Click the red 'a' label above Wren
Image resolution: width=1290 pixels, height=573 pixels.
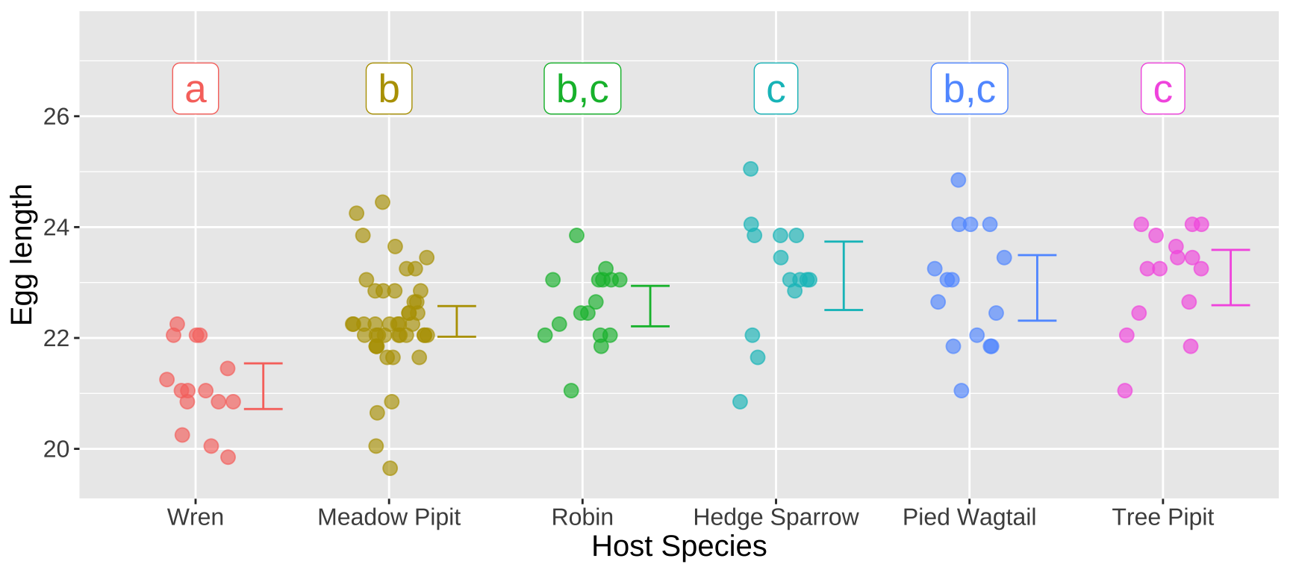coord(196,89)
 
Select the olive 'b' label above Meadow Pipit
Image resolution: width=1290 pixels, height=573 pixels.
coord(389,89)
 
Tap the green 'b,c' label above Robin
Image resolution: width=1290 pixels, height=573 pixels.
coord(582,89)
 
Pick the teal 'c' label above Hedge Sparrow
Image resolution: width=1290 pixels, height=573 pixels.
coord(776,89)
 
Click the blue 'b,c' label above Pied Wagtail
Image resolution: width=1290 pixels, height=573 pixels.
coord(969,89)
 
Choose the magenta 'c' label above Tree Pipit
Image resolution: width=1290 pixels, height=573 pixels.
coord(1162,89)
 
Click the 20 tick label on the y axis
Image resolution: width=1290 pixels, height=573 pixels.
coord(56,449)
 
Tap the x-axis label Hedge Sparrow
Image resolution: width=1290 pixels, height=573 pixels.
coord(776,517)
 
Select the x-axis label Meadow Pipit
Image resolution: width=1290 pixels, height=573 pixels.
coord(389,517)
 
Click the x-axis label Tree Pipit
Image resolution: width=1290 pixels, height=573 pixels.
coord(1162,517)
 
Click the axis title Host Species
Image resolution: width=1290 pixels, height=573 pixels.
coord(679,547)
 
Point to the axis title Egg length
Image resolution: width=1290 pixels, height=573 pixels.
coord(22,254)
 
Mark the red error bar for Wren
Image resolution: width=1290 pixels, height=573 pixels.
coord(264,386)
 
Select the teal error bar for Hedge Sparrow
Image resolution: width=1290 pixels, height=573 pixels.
coord(844,275)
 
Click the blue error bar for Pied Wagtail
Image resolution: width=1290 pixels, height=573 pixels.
coord(1037,287)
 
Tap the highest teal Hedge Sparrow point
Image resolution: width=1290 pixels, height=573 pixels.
coord(750,169)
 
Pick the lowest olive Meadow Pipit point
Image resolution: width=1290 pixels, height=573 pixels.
coord(390,468)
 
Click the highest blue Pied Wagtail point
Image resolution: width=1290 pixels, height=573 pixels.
coord(959,180)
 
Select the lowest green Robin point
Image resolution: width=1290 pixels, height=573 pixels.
coord(571,390)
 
